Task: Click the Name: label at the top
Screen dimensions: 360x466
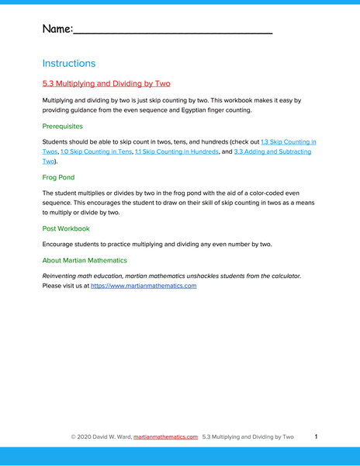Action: tap(57, 29)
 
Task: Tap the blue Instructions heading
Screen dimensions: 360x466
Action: tap(69, 64)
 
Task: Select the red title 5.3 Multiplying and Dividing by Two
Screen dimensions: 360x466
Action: tap(106, 83)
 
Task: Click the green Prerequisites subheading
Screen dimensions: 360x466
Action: tap(63, 126)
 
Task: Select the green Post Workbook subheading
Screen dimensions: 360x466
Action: tap(66, 228)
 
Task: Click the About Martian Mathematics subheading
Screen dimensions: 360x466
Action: tap(85, 260)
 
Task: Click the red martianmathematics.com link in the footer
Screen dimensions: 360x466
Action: tap(165, 437)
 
